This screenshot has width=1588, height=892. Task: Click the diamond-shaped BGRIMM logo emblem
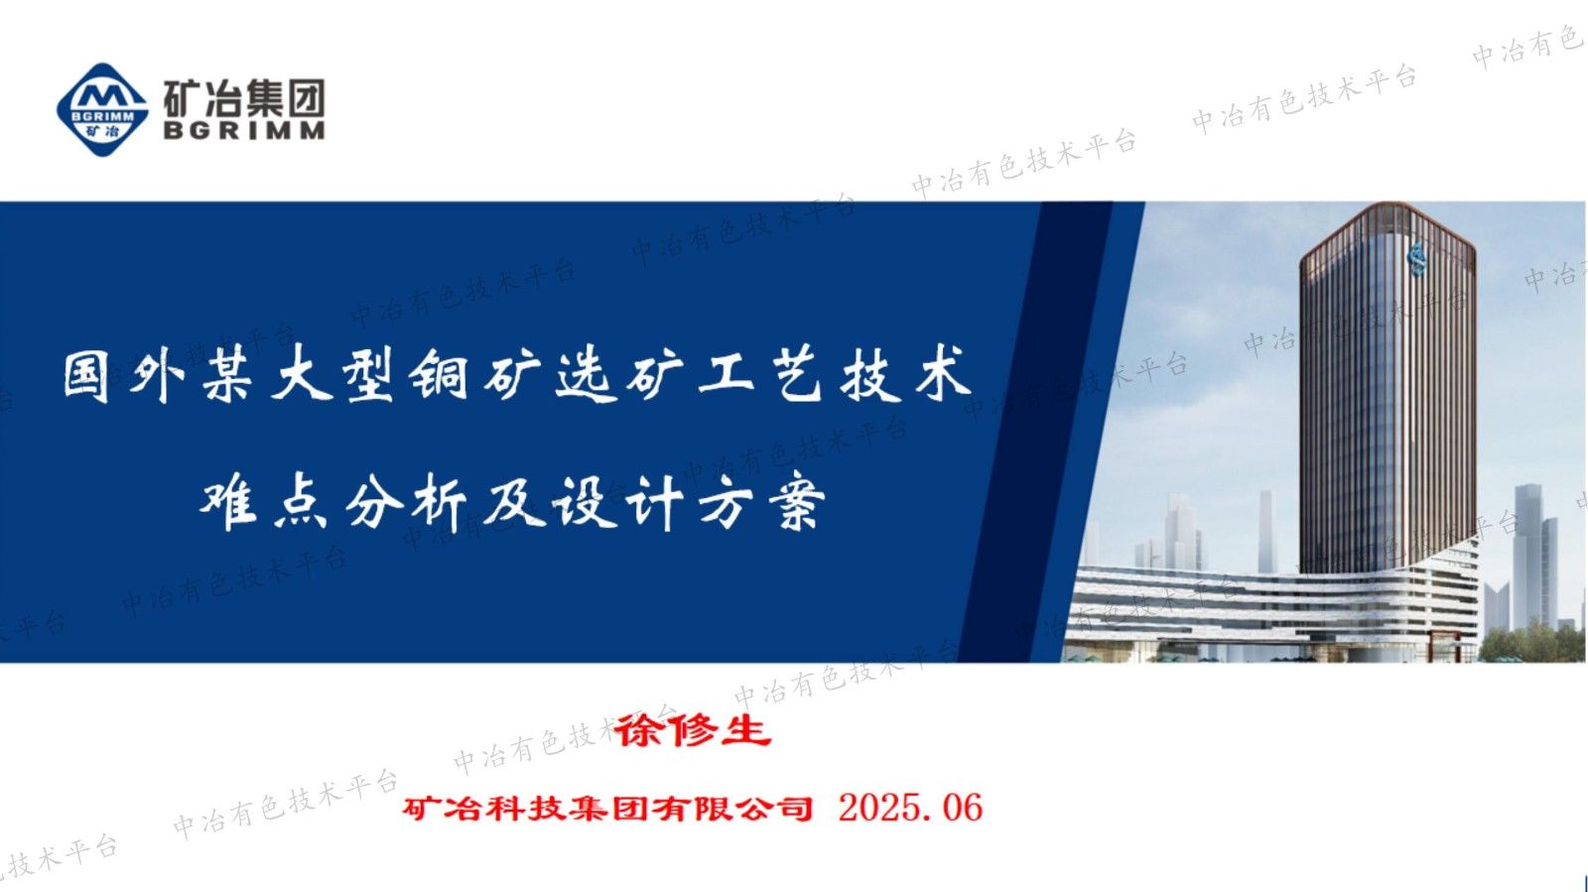pyautogui.click(x=102, y=108)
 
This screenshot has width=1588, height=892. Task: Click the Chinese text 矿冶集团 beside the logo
pyautogui.click(x=244, y=99)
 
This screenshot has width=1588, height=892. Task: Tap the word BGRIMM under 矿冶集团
pyautogui.click(x=244, y=130)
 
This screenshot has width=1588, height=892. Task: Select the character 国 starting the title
pyautogui.click(x=86, y=375)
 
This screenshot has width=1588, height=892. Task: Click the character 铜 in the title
pyautogui.click(x=442, y=375)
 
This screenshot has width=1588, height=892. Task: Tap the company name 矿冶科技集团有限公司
pyautogui.click(x=607, y=809)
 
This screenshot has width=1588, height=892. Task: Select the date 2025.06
pyautogui.click(x=910, y=808)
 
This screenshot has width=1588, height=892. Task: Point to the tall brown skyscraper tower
pyautogui.click(x=1388, y=397)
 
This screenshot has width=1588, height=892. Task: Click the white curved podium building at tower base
pyautogui.click(x=1270, y=605)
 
